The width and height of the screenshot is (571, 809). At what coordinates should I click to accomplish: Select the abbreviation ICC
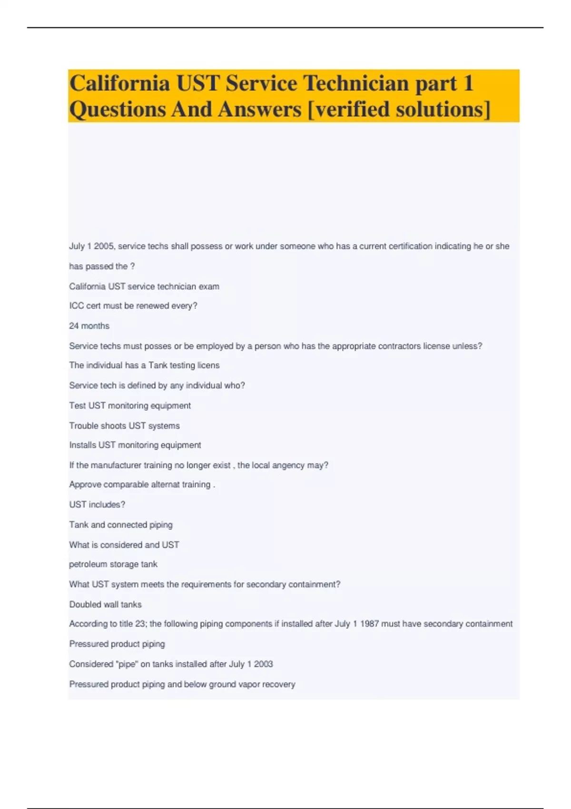pyautogui.click(x=76, y=306)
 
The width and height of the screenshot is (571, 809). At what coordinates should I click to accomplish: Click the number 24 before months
pyautogui.click(x=74, y=326)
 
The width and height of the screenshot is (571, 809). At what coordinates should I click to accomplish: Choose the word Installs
pyautogui.click(x=83, y=445)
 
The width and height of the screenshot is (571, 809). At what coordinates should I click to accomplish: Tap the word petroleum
pyautogui.click(x=88, y=564)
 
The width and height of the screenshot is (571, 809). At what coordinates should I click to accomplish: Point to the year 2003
pyautogui.click(x=263, y=664)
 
